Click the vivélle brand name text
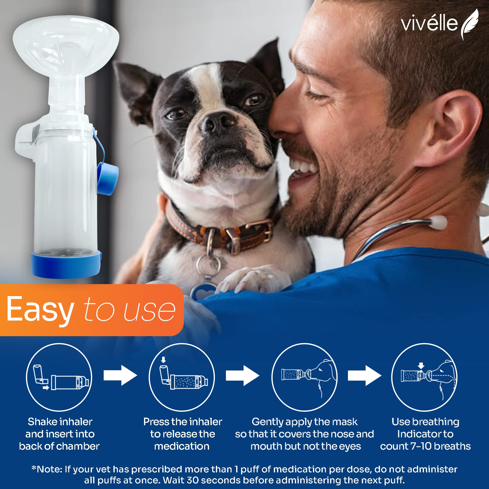click(x=429, y=24)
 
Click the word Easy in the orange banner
click(x=40, y=310)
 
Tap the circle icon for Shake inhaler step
click(x=59, y=377)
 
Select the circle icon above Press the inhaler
click(x=181, y=377)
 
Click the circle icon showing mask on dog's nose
click(x=304, y=377)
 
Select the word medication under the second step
click(x=182, y=446)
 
